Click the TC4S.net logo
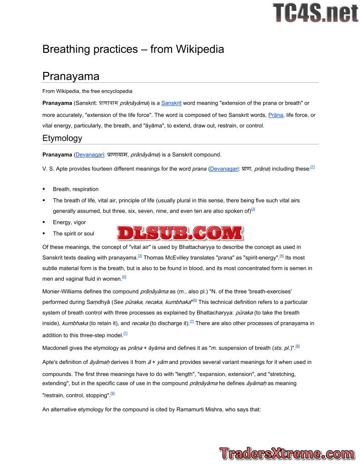(315, 13)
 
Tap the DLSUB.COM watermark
(180, 233)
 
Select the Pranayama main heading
(71, 76)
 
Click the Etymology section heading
(62, 138)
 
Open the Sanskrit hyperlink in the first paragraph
(171, 103)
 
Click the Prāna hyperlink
(276, 115)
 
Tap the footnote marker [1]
(313, 167)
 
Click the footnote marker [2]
(253, 209)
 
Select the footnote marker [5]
(124, 277)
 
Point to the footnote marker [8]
(298, 346)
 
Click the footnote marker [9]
(112, 394)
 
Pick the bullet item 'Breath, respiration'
(76, 189)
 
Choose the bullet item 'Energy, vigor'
(69, 223)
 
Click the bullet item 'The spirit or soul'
(73, 233)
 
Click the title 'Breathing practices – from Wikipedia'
(133, 49)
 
